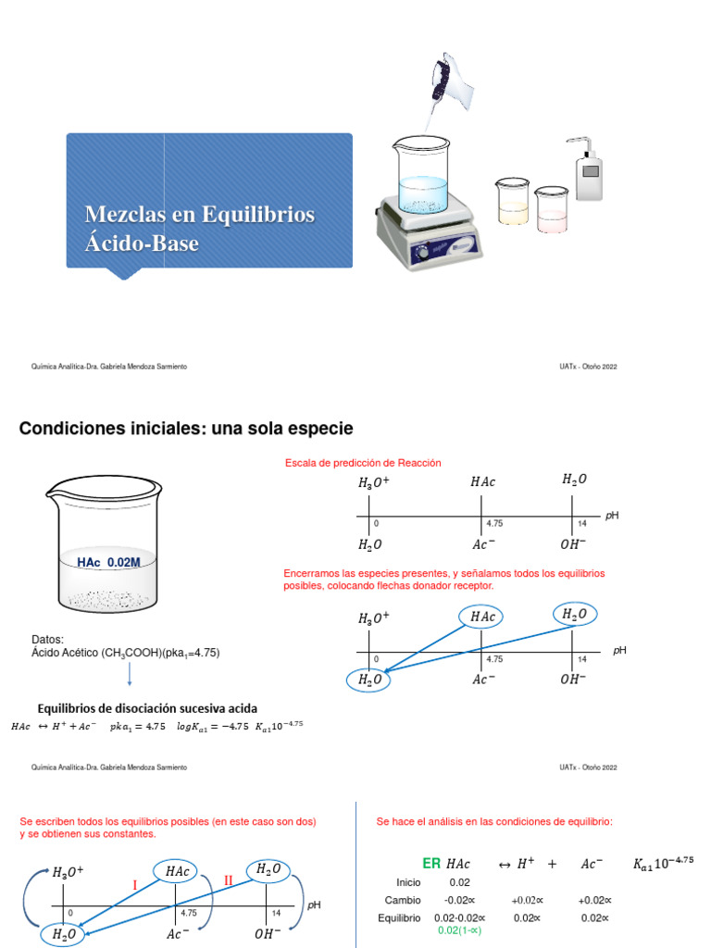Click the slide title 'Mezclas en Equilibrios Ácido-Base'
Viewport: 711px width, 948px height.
pyautogui.click(x=199, y=229)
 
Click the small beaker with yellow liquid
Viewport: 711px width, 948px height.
pyautogui.click(x=512, y=203)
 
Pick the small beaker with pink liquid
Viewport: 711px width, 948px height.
pyautogui.click(x=552, y=209)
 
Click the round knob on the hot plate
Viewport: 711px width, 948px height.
pyautogui.click(x=422, y=250)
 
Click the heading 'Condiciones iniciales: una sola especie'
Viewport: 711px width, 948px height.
pyautogui.click(x=186, y=428)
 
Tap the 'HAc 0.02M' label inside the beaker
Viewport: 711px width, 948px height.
pyautogui.click(x=109, y=563)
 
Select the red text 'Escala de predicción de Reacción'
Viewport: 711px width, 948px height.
pyautogui.click(x=363, y=462)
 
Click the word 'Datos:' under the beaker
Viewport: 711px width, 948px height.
pyautogui.click(x=47, y=639)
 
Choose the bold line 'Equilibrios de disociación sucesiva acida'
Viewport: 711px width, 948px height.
pyautogui.click(x=146, y=708)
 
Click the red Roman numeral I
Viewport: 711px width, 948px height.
pyautogui.click(x=134, y=885)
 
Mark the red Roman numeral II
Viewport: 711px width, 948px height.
pyautogui.click(x=228, y=880)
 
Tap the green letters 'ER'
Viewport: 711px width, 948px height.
pyautogui.click(x=431, y=863)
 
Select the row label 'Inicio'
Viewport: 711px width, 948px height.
pyautogui.click(x=408, y=882)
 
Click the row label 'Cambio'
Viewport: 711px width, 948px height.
pyautogui.click(x=403, y=900)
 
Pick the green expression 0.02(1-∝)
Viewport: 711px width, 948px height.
pyautogui.click(x=460, y=929)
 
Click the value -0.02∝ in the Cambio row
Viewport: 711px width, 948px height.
pyautogui.click(x=460, y=900)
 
